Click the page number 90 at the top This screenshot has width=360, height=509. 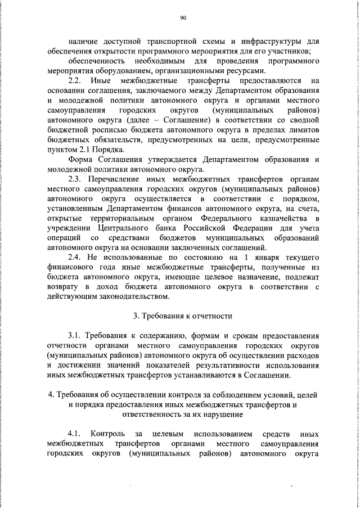(x=183, y=18)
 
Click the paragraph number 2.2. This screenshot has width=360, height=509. (x=75, y=81)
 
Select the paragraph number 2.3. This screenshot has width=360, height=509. (x=75, y=179)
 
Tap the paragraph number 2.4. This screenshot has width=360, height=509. (x=75, y=258)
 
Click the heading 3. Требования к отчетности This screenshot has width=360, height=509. (x=182, y=317)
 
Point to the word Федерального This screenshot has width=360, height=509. (x=222, y=219)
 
